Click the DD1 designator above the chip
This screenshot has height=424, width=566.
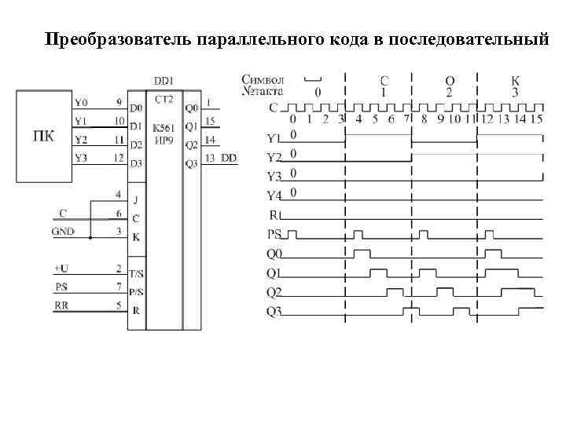coord(164,81)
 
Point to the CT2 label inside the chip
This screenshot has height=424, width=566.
coord(164,100)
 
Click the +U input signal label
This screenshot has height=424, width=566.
coord(61,269)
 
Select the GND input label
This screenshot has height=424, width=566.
coord(62,232)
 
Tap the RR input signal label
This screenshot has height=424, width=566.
coord(61,305)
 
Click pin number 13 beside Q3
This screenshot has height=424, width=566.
coord(210,158)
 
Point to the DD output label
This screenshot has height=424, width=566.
coord(228,158)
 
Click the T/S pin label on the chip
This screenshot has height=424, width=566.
coord(136,273)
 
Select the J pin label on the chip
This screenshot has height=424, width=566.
coord(135,199)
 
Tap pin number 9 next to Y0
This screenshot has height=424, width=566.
coord(118,101)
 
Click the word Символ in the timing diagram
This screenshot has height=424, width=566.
coord(263,79)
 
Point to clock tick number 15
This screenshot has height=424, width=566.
coord(535,120)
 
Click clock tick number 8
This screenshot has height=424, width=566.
coord(424,120)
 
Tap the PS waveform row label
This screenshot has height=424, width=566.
coord(274,233)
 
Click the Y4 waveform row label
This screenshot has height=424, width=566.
coord(274,194)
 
